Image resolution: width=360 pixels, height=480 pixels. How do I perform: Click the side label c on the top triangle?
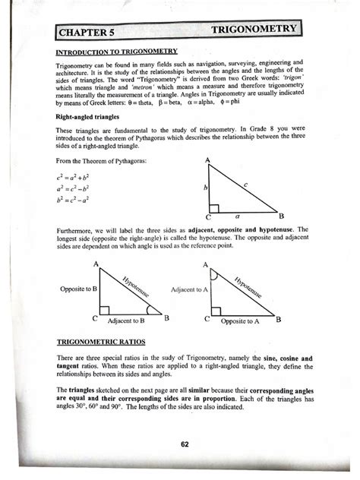245,184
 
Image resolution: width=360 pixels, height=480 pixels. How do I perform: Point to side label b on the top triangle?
204,187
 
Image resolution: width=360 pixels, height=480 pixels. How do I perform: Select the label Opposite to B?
78,289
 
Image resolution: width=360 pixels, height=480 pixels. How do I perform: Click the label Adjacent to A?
191,290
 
